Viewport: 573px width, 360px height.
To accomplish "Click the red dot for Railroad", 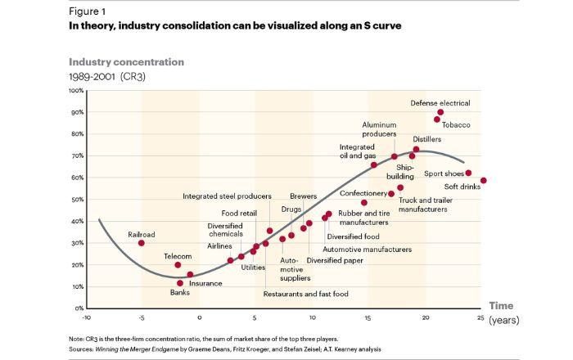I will point(142,243).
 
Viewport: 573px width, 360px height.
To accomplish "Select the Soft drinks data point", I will point(484,181).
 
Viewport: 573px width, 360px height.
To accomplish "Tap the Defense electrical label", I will point(440,103).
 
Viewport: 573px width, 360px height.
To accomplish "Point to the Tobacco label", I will point(457,124).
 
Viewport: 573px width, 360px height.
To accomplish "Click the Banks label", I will point(179,293).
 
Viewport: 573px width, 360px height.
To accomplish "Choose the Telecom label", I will point(178,255).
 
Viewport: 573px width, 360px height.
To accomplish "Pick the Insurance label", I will point(205,283).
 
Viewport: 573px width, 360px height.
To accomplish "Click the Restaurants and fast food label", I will point(306,294).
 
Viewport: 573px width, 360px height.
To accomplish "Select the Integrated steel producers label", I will point(227,196).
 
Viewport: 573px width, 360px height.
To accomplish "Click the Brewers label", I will point(303,196).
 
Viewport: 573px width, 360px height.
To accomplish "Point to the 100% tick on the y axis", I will point(76,90).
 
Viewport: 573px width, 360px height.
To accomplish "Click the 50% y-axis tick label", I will point(78,200).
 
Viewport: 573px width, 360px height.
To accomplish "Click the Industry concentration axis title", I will point(126,62).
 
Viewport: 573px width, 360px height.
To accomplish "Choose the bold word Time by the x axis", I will point(501,306).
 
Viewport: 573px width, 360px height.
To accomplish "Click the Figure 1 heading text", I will point(89,12).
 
